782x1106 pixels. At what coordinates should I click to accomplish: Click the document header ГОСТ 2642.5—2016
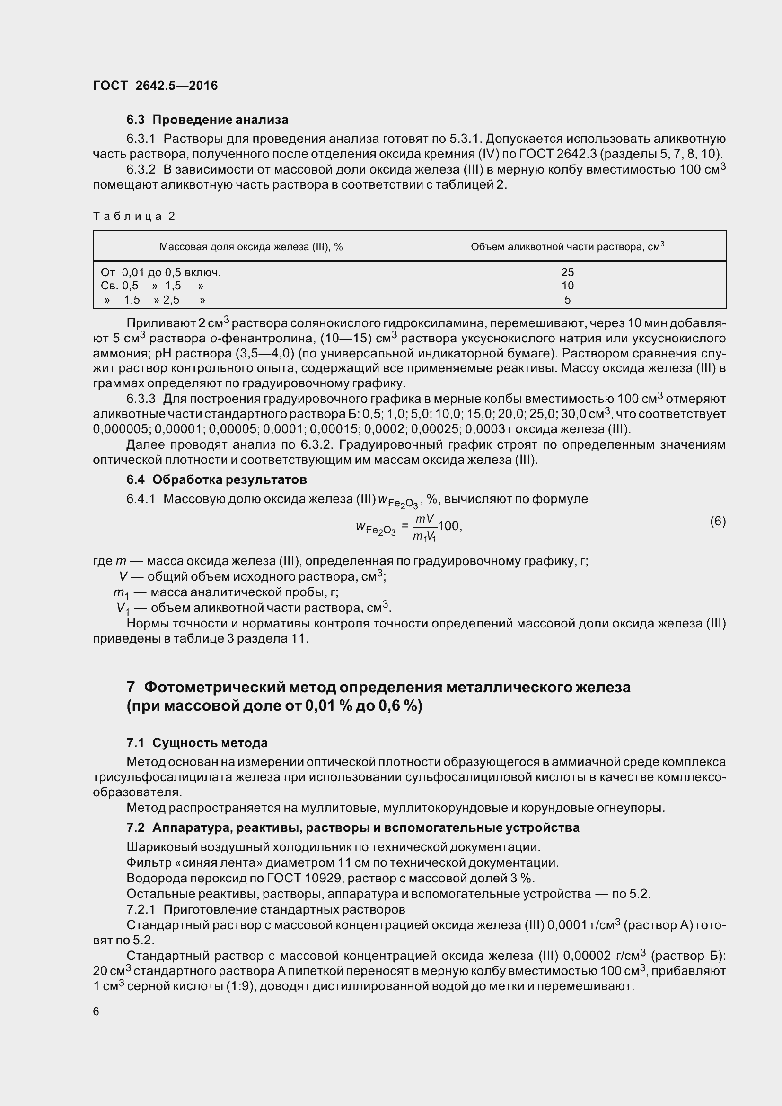click(155, 86)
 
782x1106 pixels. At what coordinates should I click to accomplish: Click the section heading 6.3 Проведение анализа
click(207, 120)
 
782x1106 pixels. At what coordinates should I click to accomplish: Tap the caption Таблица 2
click(134, 216)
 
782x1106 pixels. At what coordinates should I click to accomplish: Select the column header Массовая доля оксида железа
click(251, 247)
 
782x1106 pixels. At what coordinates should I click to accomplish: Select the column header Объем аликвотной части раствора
click(567, 247)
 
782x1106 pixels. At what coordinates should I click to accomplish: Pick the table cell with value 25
click(568, 272)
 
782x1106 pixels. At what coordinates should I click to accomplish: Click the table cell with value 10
click(568, 286)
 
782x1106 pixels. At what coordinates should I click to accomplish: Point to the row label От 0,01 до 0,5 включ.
click(161, 273)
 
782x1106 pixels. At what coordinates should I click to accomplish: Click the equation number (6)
click(718, 521)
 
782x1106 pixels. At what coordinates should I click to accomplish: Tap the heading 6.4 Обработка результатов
click(216, 480)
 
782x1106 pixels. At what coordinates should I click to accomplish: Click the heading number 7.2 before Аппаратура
click(135, 827)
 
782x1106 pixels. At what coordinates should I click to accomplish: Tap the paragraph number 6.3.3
click(141, 399)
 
